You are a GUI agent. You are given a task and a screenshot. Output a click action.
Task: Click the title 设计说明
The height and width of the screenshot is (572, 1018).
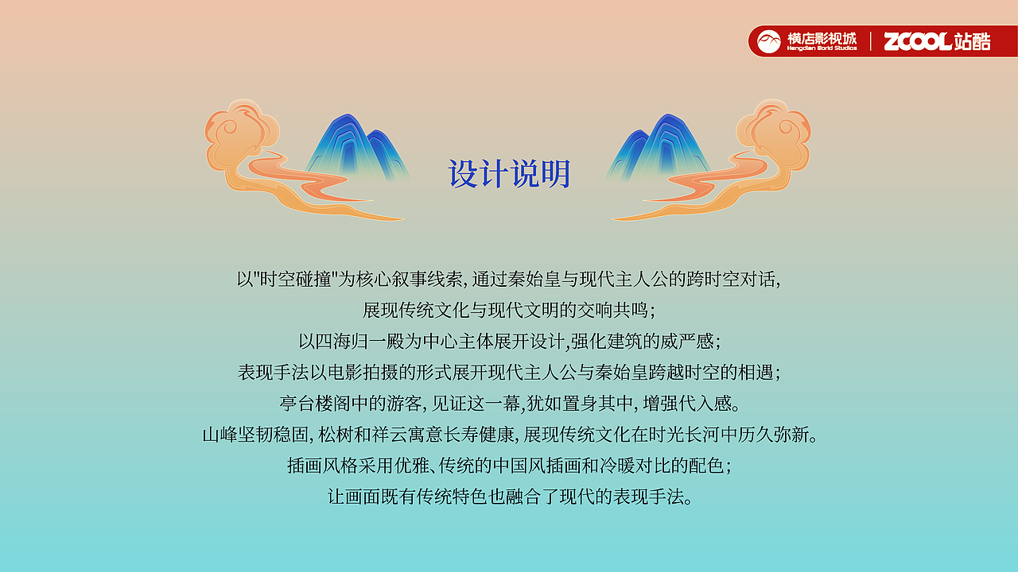click(509, 174)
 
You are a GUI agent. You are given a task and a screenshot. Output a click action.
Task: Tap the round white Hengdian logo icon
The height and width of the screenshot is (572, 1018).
click(768, 41)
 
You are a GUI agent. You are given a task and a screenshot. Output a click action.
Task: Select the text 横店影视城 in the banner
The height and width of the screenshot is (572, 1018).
click(822, 37)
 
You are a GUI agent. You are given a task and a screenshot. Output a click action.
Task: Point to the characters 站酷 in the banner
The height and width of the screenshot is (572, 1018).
click(972, 41)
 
